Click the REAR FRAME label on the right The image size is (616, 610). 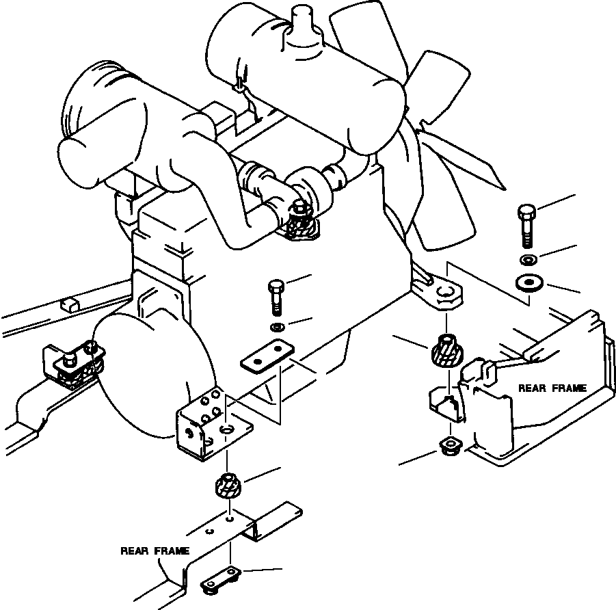pos(552,388)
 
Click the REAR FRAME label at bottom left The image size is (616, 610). pos(155,550)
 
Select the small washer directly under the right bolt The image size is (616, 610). pos(527,260)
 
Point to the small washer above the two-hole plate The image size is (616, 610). pos(276,328)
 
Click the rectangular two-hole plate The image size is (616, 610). pos(267,356)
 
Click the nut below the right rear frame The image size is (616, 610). pos(449,445)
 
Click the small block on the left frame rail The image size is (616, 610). pos(69,303)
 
